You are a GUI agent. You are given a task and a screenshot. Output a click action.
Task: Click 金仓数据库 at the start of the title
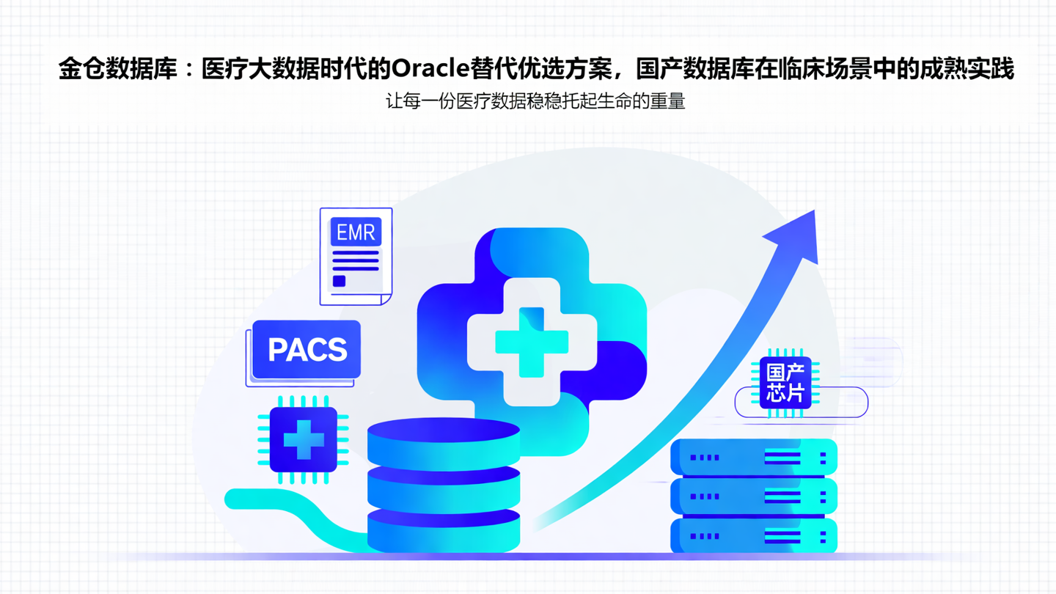tap(117, 69)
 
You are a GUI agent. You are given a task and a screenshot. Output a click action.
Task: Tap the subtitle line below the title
tap(535, 101)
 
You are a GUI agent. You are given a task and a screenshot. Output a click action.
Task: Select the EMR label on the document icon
tap(356, 232)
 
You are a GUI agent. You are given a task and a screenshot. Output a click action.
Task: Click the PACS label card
tap(307, 349)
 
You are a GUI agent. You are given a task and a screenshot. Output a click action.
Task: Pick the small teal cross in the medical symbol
tap(532, 342)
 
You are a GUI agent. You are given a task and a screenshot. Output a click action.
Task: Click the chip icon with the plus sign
tap(304, 439)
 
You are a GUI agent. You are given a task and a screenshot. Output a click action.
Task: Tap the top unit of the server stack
tap(754, 457)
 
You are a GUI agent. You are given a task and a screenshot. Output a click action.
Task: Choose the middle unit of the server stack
tap(754, 496)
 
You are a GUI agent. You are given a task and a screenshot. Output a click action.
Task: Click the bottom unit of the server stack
tap(754, 536)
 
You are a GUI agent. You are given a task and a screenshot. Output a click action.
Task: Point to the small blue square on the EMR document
tap(339, 281)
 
